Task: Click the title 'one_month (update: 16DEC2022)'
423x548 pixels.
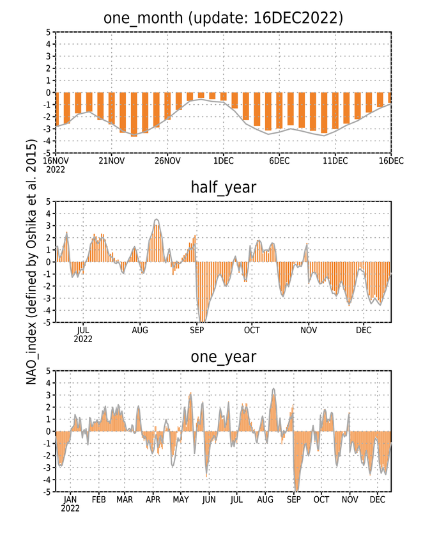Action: coord(223,18)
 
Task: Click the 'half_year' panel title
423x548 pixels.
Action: coord(223,187)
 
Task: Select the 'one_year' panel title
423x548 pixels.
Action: coord(223,357)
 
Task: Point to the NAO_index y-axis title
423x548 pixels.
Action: coord(31,262)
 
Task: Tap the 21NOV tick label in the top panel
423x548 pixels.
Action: coord(111,160)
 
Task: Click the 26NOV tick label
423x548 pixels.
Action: coord(167,160)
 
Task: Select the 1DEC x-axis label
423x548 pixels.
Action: coord(223,160)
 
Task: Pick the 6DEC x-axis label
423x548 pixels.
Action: coord(279,160)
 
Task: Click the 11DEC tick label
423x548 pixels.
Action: coord(335,160)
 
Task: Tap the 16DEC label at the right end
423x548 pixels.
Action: coord(391,160)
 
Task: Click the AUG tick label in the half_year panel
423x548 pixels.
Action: coord(140,330)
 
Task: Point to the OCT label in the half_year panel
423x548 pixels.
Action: coord(252,330)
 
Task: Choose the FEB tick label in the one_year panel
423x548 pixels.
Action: coord(98,500)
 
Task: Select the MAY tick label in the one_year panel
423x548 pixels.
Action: coord(181,500)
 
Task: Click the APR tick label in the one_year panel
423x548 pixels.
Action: coord(153,500)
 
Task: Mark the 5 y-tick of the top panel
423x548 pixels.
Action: coord(48,32)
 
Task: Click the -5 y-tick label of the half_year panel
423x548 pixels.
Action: coord(47,322)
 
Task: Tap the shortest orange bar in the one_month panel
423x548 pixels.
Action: coord(201,95)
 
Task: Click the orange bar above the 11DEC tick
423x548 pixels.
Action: coord(335,111)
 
